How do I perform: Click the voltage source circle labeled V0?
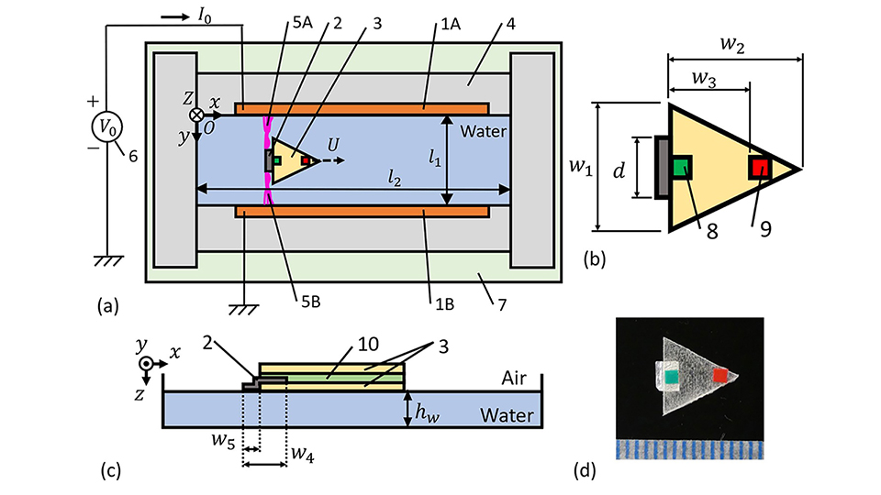(107, 125)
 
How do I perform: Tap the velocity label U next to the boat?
(333, 145)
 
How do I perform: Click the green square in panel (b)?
(682, 167)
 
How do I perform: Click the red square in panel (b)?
(760, 167)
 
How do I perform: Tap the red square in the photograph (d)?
(721, 374)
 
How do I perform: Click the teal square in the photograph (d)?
(672, 376)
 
